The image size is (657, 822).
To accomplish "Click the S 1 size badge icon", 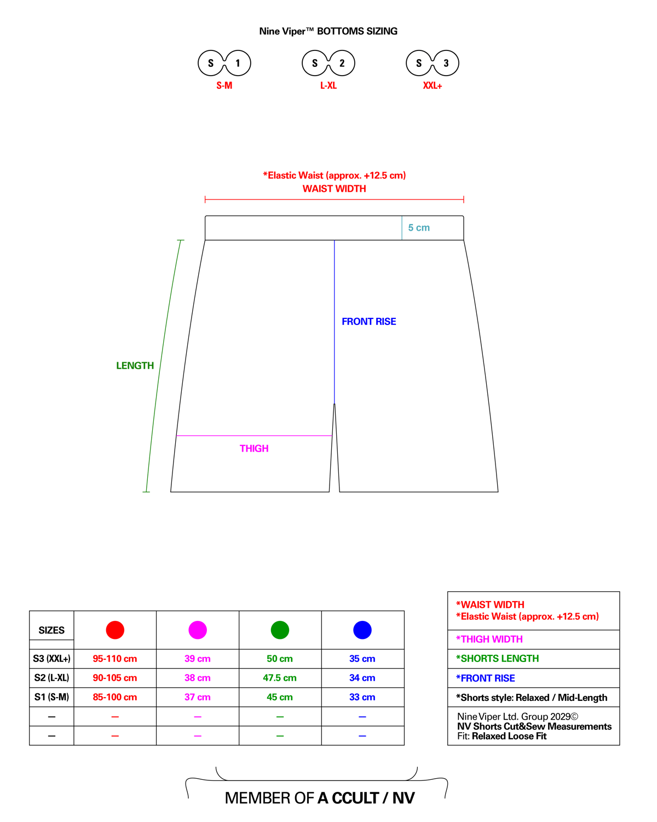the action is [224, 63].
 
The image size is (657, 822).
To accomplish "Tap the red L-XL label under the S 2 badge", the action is [328, 85].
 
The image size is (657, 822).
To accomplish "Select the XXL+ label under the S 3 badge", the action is [432, 85].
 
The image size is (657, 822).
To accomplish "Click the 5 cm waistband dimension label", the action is [419, 227].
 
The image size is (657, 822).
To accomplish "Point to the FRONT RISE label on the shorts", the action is [369, 322].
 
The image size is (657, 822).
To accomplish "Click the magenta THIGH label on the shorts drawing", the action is [254, 448].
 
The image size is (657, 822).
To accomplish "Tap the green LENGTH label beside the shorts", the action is [135, 366].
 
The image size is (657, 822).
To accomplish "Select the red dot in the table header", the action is [115, 630].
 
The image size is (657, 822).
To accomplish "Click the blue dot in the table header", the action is [362, 630].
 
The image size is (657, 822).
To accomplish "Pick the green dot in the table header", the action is [280, 630].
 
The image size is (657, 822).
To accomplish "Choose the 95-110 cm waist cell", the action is [114, 659].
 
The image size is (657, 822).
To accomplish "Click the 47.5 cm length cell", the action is [279, 678].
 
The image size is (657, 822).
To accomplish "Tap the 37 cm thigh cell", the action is [197, 697].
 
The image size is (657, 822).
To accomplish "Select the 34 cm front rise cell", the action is [362, 678].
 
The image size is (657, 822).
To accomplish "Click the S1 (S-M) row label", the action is [51, 697].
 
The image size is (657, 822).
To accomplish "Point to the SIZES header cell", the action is [51, 630].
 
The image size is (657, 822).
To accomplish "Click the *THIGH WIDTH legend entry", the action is [489, 639].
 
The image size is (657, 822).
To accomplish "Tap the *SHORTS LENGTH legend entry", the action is [498, 659].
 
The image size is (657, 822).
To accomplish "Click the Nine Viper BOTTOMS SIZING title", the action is [328, 31].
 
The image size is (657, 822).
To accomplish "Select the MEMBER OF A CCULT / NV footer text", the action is [320, 797].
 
